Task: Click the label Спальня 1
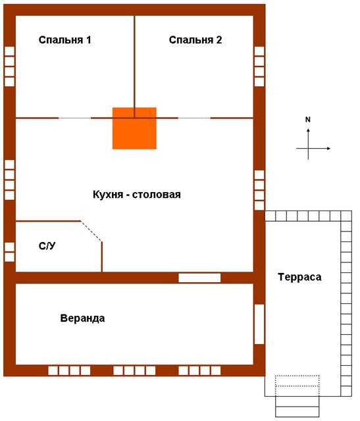coord(64,39)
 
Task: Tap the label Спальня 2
coord(195,39)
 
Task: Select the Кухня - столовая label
coord(137,194)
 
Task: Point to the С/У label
coord(47,245)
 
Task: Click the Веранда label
coord(82,318)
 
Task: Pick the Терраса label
coord(299,277)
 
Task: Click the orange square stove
coord(134,128)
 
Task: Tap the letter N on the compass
coord(308,120)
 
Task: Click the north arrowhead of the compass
coord(308,130)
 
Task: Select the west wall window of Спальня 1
coord(9,66)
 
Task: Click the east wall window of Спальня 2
coord(259,66)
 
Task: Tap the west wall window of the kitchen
coord(9,180)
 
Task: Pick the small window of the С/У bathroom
coord(9,252)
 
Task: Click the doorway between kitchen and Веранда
coord(199,278)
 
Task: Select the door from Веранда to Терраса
coord(259,324)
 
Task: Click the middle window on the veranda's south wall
coord(134,370)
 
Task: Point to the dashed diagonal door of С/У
coord(91,231)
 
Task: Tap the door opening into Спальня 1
coord(74,118)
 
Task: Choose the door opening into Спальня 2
coord(194,118)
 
